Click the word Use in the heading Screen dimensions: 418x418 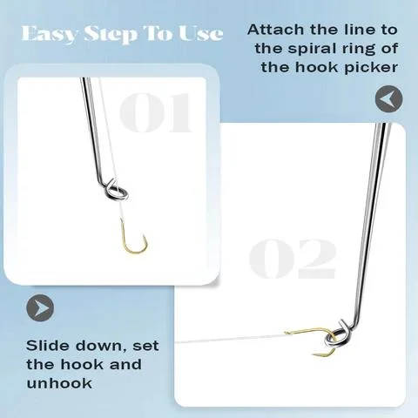(x=199, y=35)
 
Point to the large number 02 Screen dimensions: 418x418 (x=292, y=256)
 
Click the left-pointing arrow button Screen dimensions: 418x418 (x=388, y=99)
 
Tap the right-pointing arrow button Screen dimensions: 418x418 (x=41, y=307)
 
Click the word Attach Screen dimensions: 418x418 (x=275, y=29)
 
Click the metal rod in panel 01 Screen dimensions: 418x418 (x=93, y=131)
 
